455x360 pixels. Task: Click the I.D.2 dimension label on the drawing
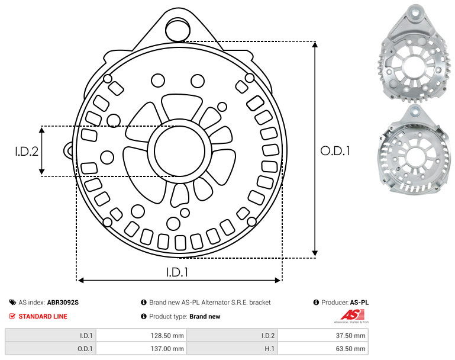[27, 151]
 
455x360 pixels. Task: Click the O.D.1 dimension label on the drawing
[335, 150]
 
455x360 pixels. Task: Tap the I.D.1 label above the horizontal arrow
[178, 272]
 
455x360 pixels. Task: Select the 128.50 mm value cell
[141, 336]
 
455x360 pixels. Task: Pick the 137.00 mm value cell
[141, 348]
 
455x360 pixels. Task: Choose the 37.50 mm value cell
[322, 336]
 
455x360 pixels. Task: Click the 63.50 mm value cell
[322, 348]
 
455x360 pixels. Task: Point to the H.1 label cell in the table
[232, 348]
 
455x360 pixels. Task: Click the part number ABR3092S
[63, 303]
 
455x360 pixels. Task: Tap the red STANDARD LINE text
[43, 316]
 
